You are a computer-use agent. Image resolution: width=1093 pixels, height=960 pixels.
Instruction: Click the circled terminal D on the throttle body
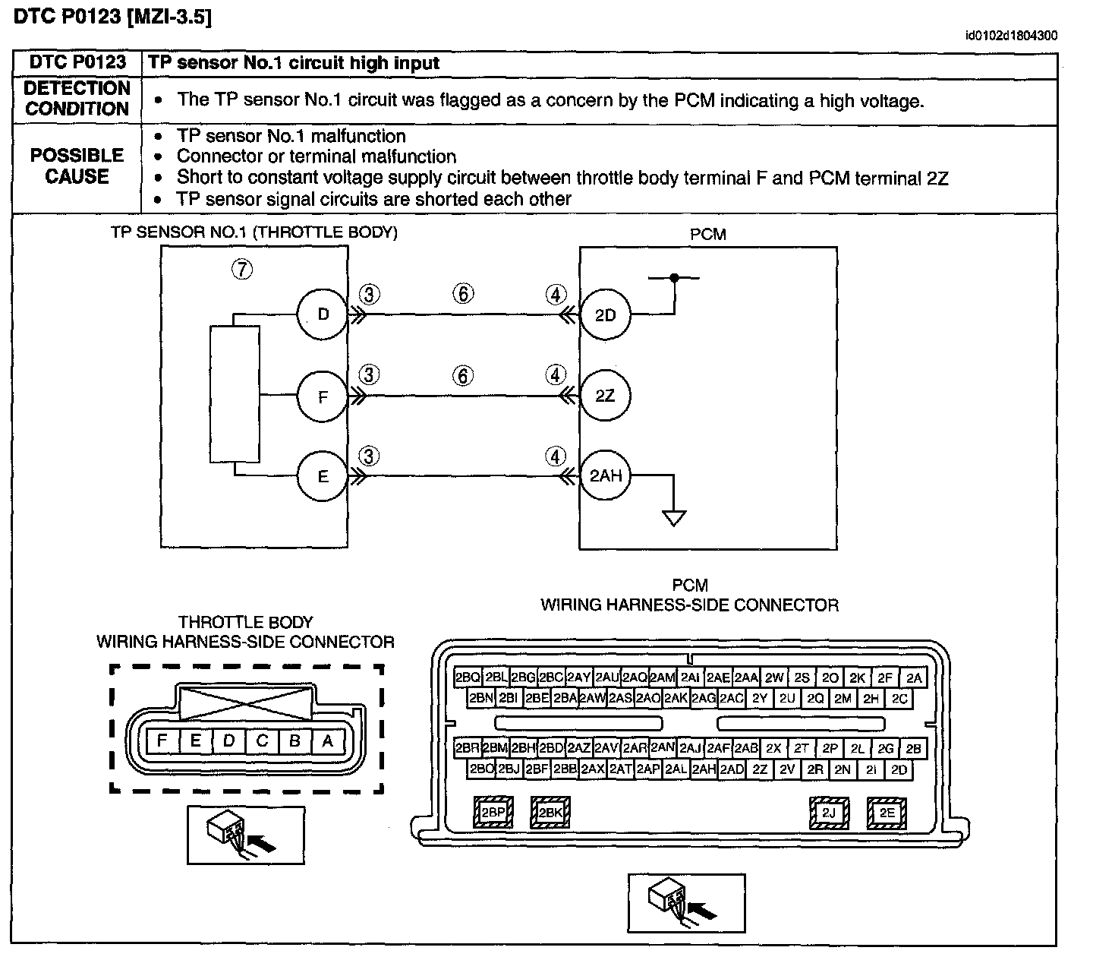coord(322,314)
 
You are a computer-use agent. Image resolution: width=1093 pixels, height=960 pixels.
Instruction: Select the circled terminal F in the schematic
coord(322,396)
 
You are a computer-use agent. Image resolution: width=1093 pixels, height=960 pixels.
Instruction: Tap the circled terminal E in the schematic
coord(322,475)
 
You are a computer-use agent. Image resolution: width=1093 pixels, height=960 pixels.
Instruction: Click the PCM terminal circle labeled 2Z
coord(605,396)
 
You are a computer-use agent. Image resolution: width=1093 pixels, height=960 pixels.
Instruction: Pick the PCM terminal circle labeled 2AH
coord(605,475)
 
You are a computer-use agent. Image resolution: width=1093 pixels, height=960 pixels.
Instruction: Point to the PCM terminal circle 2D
coord(605,314)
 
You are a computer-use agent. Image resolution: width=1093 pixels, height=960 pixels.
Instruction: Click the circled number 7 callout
coord(241,269)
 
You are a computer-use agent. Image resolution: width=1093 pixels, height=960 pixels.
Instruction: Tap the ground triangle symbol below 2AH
coord(674,518)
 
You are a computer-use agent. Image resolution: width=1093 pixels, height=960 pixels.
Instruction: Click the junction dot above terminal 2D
coord(674,277)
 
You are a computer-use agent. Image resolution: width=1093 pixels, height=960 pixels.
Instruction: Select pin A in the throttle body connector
coord(327,741)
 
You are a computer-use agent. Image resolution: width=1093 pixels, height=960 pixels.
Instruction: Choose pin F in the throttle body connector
coord(162,741)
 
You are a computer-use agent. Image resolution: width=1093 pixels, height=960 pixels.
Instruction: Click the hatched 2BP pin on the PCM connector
coord(493,812)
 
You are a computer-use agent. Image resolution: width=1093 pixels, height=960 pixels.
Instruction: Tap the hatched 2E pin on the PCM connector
coord(887,813)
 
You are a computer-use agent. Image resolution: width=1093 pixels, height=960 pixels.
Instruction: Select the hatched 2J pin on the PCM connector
coord(829,813)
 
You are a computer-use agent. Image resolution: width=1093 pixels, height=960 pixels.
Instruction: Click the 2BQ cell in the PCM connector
coord(468,677)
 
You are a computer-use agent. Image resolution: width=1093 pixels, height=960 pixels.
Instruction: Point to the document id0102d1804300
coord(1011,36)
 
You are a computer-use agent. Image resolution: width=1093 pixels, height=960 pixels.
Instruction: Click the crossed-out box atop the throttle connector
coord(245,703)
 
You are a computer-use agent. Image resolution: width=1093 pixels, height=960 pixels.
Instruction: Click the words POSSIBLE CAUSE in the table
coord(77,166)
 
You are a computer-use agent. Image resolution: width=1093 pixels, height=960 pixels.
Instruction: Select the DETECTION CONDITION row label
coord(77,98)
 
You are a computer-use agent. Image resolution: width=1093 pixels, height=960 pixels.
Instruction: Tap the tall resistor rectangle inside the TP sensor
coord(235,394)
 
